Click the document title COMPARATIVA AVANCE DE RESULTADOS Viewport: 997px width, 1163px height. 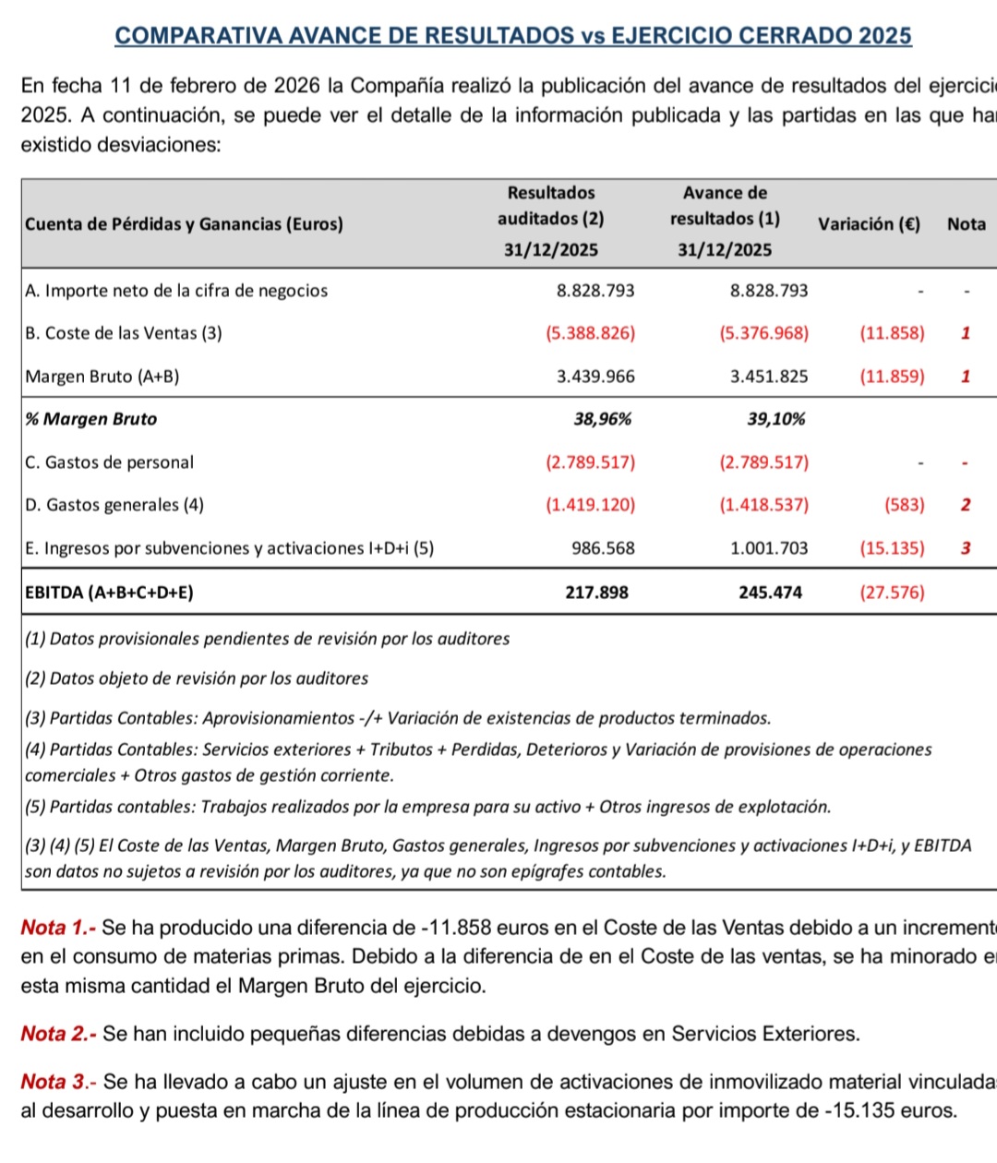[x=512, y=36]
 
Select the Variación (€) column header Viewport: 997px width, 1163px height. [x=869, y=223]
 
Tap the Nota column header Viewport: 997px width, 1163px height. [x=966, y=223]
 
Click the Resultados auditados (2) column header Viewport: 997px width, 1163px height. [x=550, y=220]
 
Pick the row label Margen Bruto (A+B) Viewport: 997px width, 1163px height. [x=102, y=377]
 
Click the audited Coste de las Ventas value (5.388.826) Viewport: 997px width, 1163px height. [x=590, y=333]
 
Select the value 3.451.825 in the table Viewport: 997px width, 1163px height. [x=768, y=377]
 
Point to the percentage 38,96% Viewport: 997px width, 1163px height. [x=603, y=419]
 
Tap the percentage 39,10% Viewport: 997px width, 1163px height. [x=775, y=419]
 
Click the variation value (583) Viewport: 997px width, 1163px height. [x=903, y=505]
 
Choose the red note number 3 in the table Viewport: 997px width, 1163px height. [x=966, y=548]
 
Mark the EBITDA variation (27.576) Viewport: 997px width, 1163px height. [x=891, y=593]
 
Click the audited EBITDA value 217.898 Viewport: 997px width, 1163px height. [x=596, y=593]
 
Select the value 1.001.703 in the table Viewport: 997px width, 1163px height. [x=768, y=548]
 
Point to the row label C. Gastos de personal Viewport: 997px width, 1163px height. [x=110, y=462]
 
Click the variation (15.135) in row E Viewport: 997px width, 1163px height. [x=891, y=548]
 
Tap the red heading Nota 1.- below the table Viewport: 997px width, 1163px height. [x=59, y=928]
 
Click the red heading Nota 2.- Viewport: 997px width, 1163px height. [x=59, y=1034]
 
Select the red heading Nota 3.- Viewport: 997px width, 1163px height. [x=59, y=1082]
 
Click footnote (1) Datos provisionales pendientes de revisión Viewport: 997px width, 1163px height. [x=267, y=639]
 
